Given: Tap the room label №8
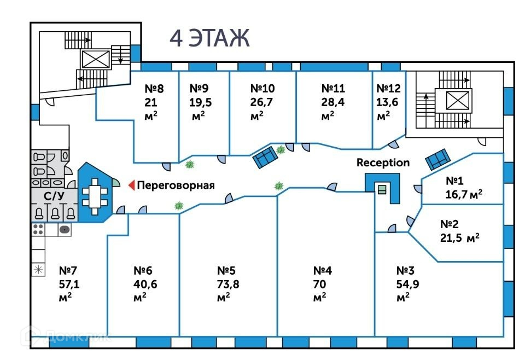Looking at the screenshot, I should coord(154,88).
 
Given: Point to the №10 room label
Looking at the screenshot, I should coord(262,88).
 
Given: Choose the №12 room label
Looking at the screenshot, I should coord(388,88).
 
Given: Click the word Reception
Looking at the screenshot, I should coord(383,162).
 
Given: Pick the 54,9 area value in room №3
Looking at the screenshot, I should coord(407,283).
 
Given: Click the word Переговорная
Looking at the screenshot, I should coord(175,185).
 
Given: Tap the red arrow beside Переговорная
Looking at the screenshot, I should coord(131,185).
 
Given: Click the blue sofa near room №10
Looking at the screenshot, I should coord(266,158).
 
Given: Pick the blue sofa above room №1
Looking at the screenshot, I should coord(439,159).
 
